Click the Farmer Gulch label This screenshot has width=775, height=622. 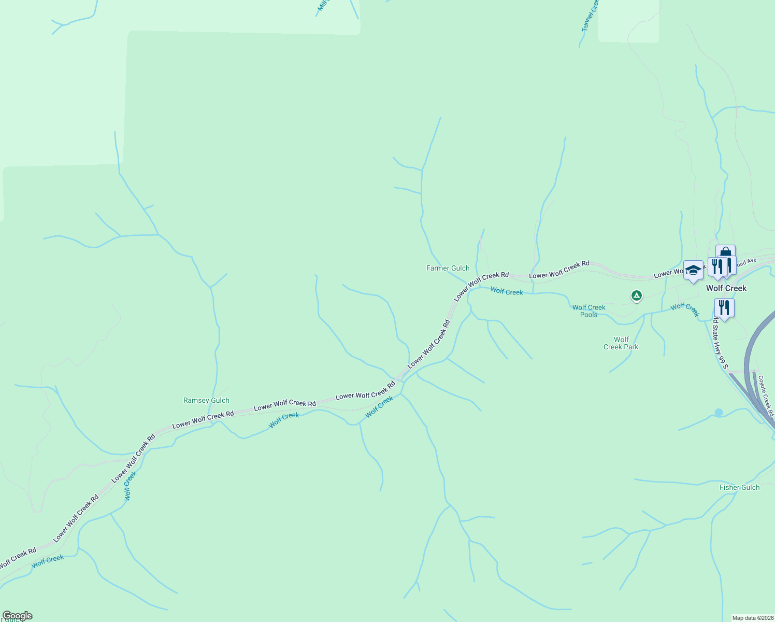(448, 268)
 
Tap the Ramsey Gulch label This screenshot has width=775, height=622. (206, 400)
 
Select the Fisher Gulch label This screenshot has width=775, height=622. (739, 487)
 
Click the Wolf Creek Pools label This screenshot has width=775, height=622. (589, 311)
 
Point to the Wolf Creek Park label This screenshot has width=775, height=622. (621, 343)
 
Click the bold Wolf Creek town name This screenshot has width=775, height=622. (726, 288)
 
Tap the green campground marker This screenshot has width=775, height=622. (636, 295)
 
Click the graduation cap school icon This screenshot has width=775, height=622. (693, 270)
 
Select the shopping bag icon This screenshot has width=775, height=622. (725, 253)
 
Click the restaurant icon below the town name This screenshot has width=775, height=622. (724, 308)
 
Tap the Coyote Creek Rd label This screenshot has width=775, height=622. (766, 396)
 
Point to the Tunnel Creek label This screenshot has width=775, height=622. (590, 16)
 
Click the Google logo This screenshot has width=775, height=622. (18, 616)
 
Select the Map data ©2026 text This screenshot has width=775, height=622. (752, 618)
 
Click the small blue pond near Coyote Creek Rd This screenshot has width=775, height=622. (719, 413)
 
